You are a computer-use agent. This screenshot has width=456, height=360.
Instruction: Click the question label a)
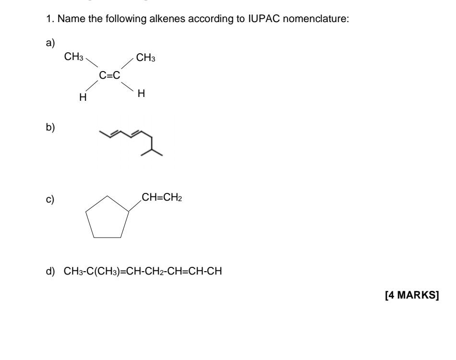point(50,43)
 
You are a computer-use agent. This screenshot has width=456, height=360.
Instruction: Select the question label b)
point(50,128)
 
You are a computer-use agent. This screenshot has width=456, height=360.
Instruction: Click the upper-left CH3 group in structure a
point(73,58)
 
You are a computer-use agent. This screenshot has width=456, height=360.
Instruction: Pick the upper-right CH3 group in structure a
point(145,58)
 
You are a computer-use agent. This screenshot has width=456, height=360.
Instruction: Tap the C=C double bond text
point(109,75)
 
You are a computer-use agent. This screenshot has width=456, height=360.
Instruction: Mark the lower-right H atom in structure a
point(141,94)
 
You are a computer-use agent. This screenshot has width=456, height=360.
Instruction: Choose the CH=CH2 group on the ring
point(161,197)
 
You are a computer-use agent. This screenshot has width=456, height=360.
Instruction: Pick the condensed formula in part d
point(143,272)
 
